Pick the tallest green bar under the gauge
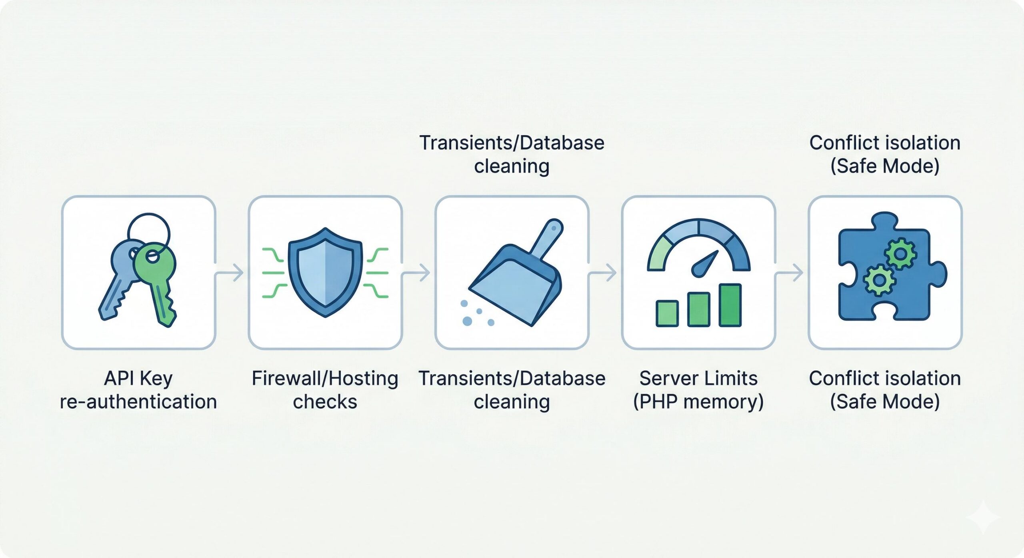pyautogui.click(x=730, y=305)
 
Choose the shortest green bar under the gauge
pyautogui.click(x=667, y=314)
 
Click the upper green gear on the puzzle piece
pyautogui.click(x=900, y=253)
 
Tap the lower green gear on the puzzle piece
pyautogui.click(x=879, y=280)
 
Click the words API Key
pyautogui.click(x=138, y=378)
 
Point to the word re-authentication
pyautogui.click(x=138, y=401)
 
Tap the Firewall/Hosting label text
pyautogui.click(x=325, y=378)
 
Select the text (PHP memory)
pyautogui.click(x=698, y=401)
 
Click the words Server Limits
pyautogui.click(x=698, y=378)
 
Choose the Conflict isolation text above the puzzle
pyautogui.click(x=885, y=143)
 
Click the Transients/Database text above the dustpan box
pyautogui.click(x=512, y=143)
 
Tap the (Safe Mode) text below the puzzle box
pyautogui.click(x=885, y=401)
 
